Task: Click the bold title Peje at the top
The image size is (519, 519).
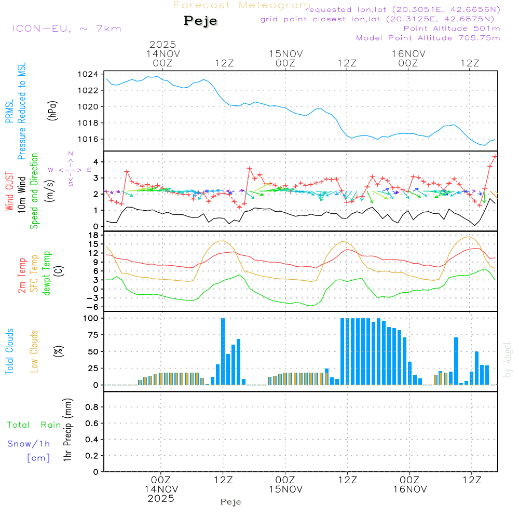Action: point(200,21)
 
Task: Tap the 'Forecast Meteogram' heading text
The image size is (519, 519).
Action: point(242,5)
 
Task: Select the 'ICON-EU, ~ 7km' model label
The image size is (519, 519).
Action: point(66,29)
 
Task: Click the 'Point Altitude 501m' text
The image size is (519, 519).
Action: point(452,29)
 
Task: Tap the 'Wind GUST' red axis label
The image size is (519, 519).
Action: point(10,192)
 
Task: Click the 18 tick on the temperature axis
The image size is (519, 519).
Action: point(93,235)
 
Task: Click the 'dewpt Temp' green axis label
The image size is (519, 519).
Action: point(46,273)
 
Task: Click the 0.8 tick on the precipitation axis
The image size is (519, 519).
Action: point(91,407)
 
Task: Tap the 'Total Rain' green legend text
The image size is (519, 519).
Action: point(34,425)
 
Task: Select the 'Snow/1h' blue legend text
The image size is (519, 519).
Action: point(29,444)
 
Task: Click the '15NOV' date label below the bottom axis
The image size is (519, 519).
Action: point(285,489)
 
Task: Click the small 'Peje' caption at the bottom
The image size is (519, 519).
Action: point(231,502)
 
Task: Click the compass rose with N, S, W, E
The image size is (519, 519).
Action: point(70,169)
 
